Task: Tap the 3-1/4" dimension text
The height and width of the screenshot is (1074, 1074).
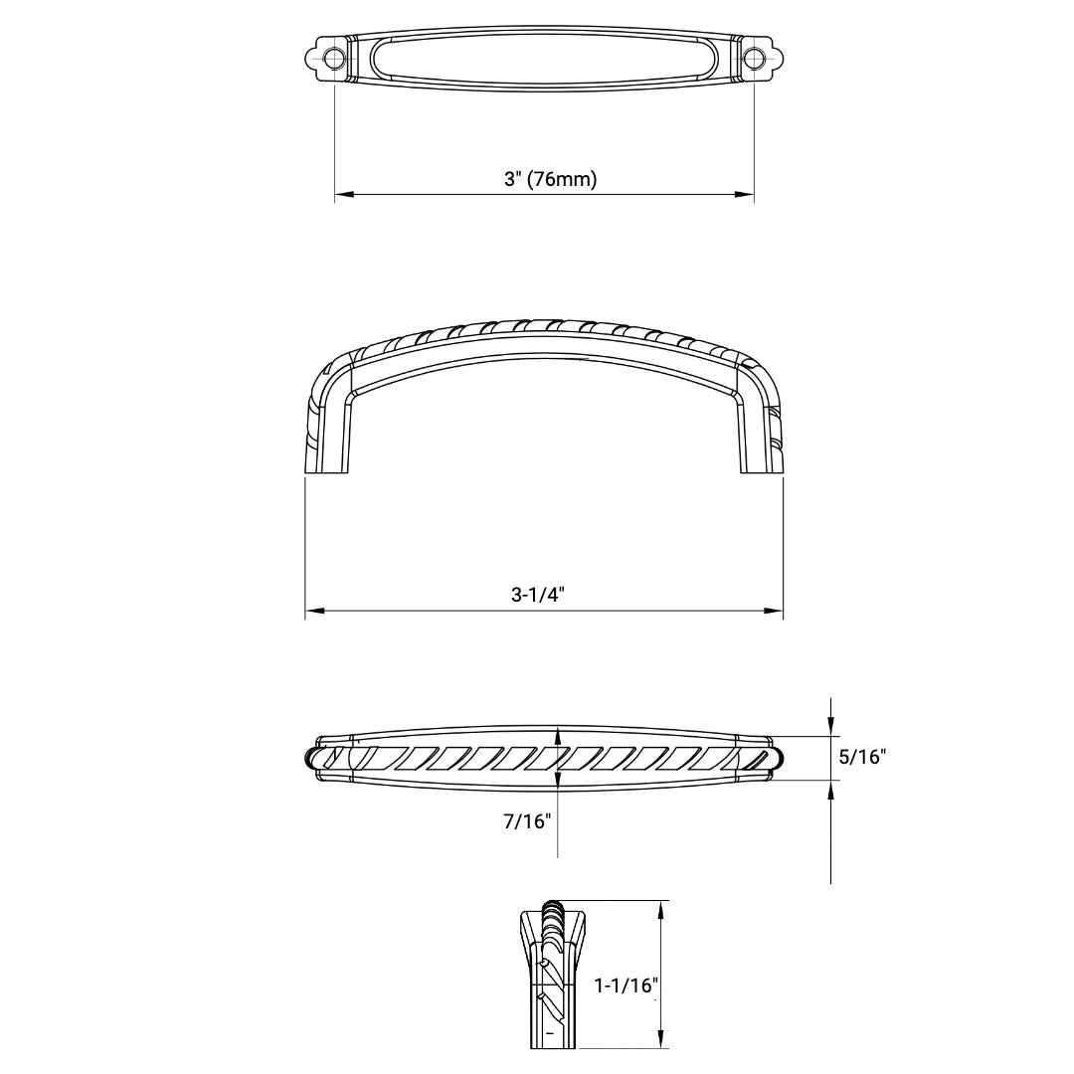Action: [538, 595]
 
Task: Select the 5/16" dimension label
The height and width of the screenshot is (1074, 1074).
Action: [862, 757]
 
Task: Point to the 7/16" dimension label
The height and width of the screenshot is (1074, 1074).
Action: [528, 821]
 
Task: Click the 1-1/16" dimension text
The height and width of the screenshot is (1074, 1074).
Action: [627, 985]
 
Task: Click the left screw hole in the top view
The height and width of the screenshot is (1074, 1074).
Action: [334, 59]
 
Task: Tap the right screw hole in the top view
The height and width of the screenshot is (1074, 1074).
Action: [755, 59]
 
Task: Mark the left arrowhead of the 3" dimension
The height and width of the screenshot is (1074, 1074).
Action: [342, 195]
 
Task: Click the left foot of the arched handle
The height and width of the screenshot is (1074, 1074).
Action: [327, 462]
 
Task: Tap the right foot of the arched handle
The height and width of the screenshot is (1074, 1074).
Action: [761, 462]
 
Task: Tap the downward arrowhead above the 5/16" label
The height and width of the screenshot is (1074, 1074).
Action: [831, 728]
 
